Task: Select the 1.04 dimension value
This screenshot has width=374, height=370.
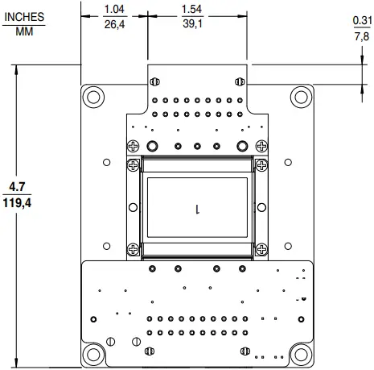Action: (113, 9)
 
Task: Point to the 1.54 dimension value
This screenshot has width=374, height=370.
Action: (192, 9)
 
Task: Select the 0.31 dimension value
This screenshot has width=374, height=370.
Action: (361, 22)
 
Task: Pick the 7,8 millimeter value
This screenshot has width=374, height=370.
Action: (361, 36)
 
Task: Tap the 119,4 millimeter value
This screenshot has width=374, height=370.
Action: (17, 204)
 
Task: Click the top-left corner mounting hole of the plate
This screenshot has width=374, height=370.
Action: (93, 97)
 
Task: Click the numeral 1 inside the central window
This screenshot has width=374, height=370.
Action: (197, 208)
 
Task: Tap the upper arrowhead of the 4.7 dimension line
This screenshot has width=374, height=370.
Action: (17, 69)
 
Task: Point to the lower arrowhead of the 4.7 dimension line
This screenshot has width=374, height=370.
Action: (17, 364)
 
